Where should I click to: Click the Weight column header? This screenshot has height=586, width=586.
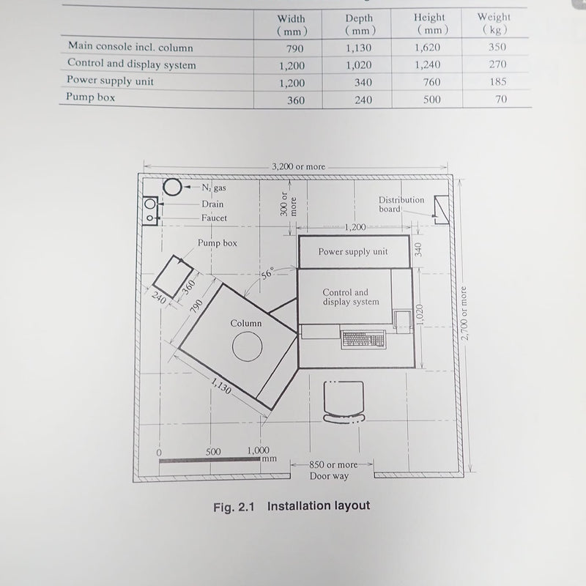point(494,23)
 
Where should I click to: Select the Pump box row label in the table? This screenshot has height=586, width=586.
point(90,97)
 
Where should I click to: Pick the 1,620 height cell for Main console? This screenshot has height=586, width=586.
point(427,48)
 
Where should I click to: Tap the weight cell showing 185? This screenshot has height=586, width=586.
point(498,81)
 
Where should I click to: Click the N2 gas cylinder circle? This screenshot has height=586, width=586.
point(173,188)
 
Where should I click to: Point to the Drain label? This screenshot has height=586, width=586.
point(212,204)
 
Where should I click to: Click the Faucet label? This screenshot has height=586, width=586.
point(214,218)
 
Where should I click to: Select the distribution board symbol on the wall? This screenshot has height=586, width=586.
point(442,210)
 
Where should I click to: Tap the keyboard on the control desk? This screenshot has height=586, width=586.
point(363,339)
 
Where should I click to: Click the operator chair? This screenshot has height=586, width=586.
point(344,401)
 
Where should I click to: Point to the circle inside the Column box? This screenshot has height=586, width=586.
point(247,346)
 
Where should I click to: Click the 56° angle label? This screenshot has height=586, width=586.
point(267,273)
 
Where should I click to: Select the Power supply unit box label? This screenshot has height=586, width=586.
point(353,251)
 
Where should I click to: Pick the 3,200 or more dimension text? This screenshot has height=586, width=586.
point(298,167)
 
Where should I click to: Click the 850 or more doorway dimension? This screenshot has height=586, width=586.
point(333,464)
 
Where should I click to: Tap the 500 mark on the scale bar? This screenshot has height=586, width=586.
point(213,451)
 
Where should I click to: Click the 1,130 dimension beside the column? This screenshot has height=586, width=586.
point(221,386)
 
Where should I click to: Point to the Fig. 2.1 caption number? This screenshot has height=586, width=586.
point(234,507)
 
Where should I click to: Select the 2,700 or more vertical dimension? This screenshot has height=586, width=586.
point(464,314)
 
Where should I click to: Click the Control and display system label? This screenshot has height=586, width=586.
point(351,297)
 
